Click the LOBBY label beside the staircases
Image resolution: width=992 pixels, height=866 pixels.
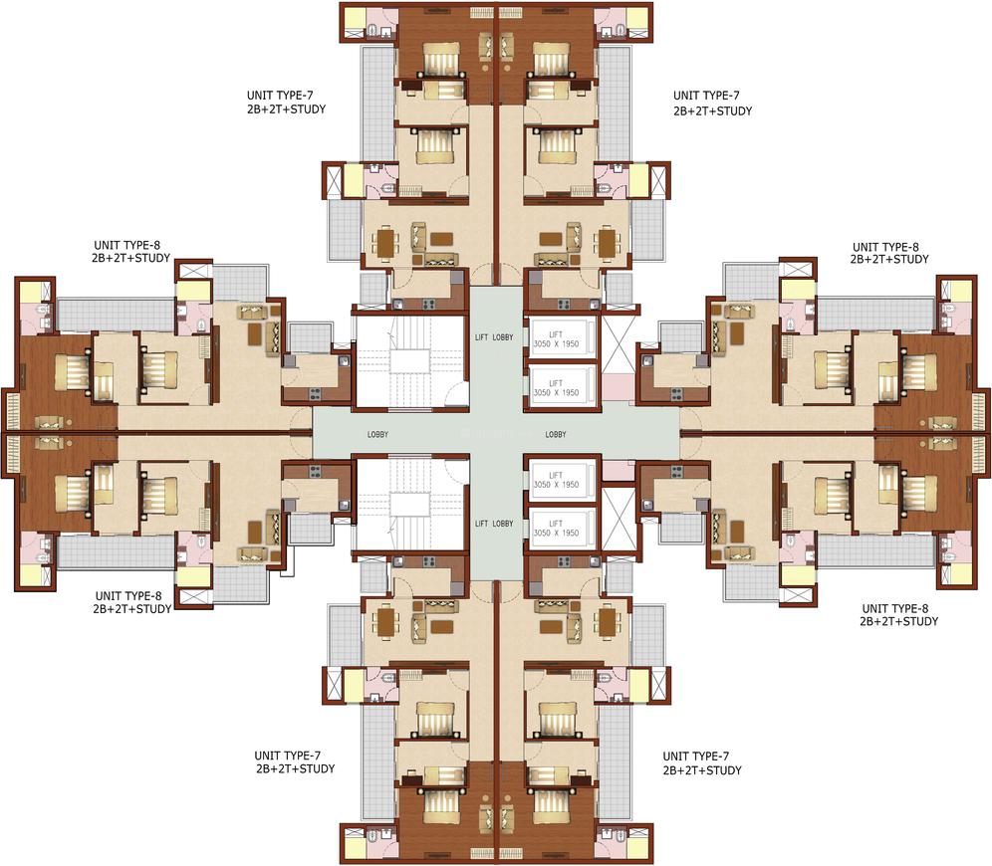(x=377, y=435)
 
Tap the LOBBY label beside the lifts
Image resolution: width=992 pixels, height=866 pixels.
(x=556, y=435)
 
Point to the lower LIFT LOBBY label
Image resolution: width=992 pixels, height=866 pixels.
(x=495, y=524)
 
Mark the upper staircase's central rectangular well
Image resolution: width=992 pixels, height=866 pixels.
(x=407, y=362)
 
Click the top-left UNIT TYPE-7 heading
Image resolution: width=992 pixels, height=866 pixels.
(x=281, y=96)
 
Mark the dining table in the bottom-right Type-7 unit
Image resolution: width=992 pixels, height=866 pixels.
(x=607, y=622)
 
